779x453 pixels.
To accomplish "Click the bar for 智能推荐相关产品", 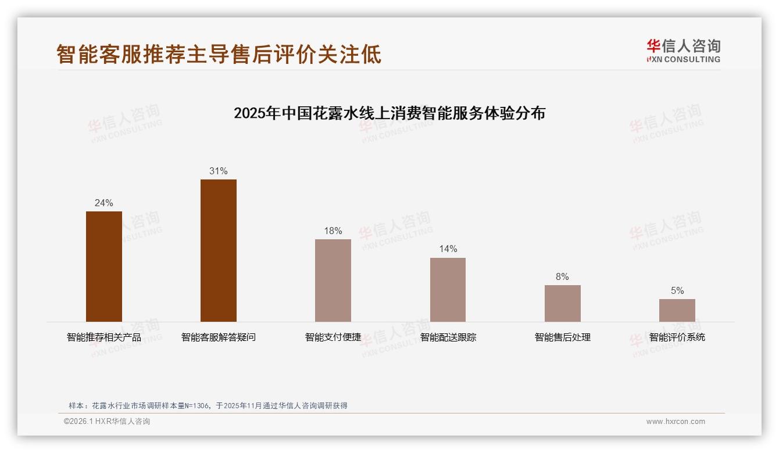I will pos(104,267).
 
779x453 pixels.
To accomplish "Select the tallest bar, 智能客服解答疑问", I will pos(219,250).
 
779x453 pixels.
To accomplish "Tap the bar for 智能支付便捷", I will pos(333,281).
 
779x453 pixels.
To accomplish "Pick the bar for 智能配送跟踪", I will pos(448,290).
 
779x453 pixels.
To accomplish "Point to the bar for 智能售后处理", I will pos(562,303).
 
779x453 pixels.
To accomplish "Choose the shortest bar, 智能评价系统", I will pos(677,310).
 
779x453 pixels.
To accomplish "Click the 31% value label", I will pos(219,171).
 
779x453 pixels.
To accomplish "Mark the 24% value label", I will pos(104,203).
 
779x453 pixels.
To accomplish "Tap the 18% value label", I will pos(333,231).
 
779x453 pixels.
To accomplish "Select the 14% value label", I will pos(448,249).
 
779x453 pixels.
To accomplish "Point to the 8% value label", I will pos(562,277).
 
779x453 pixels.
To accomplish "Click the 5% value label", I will pos(677,291).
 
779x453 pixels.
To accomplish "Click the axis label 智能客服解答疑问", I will pos(219,337).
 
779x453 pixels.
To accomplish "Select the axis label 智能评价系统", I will pos(677,337).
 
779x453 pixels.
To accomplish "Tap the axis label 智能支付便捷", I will pos(333,337).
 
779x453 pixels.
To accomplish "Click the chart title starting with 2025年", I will pos(389,113).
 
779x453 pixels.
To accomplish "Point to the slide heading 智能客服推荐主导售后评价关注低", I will pos(219,54).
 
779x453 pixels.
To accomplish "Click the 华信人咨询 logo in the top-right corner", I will pos(683,51).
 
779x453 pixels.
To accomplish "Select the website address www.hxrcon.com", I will pos(676,422).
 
